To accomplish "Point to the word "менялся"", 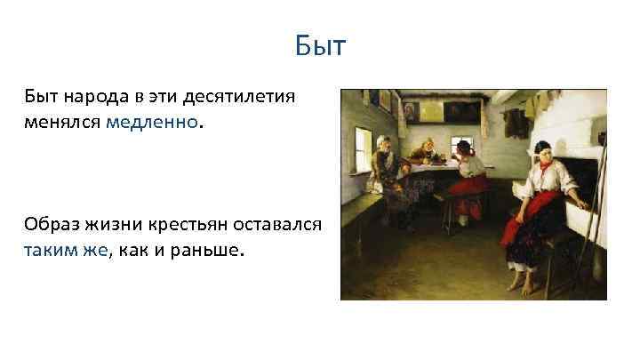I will pos(62,121).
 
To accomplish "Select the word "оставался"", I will pos(283,223).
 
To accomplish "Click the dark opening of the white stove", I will pos(588,187).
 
